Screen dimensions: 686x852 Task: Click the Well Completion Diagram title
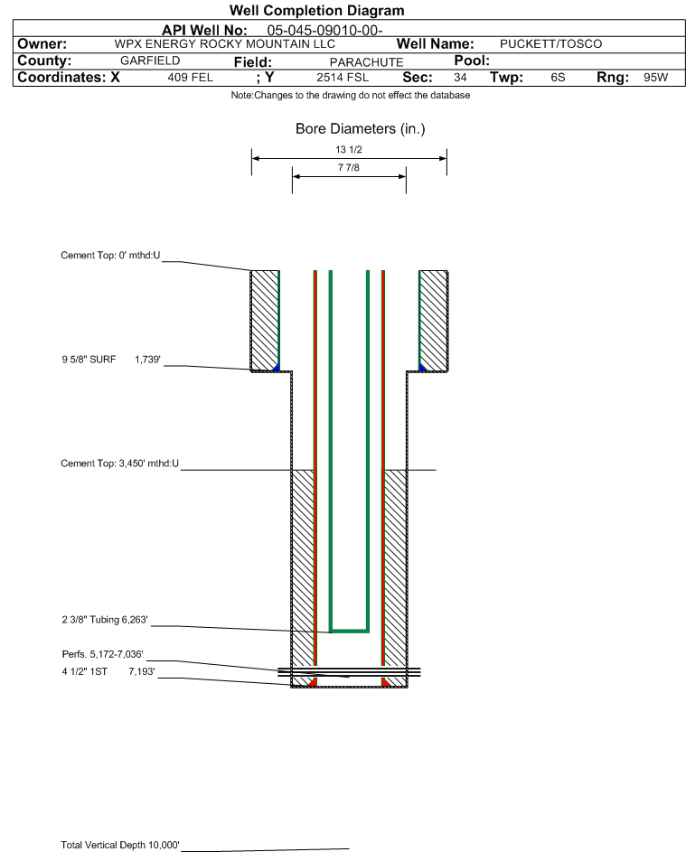click(x=316, y=10)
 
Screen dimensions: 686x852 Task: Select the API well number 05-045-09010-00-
click(x=324, y=31)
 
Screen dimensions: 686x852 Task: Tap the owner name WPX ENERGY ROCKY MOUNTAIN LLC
click(x=224, y=44)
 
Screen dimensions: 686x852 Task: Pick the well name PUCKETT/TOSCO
click(x=550, y=44)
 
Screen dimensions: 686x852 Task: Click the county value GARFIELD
click(x=150, y=61)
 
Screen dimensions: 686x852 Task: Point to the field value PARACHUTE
click(x=366, y=62)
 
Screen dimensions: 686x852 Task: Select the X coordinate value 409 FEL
click(x=190, y=77)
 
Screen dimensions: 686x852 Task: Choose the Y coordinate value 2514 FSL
click(x=343, y=77)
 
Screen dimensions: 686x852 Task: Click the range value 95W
click(x=655, y=77)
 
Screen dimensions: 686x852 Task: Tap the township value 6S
click(x=558, y=77)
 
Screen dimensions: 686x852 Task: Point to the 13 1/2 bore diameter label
click(x=349, y=149)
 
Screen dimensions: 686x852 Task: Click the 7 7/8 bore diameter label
click(x=349, y=167)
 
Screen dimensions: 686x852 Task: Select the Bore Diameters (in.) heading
click(x=360, y=129)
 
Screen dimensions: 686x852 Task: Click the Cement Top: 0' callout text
click(x=110, y=256)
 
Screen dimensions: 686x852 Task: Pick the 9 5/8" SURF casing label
click(x=89, y=360)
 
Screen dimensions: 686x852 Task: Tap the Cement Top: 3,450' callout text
click(x=119, y=463)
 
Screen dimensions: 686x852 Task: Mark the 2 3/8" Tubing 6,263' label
click(x=105, y=620)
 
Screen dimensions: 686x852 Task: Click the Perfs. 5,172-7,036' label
click(x=103, y=654)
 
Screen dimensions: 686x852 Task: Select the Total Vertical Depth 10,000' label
click(x=120, y=845)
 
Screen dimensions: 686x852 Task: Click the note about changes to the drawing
click(x=351, y=95)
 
